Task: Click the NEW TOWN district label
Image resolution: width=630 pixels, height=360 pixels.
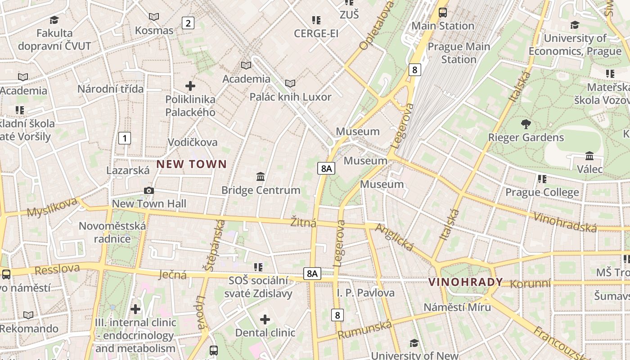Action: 191,164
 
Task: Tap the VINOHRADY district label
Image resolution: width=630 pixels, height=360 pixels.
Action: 466,282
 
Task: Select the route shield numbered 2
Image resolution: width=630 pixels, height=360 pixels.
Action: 188,23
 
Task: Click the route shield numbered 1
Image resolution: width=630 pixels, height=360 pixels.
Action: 125,138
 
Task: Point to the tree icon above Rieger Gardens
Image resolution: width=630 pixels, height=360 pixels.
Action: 526,124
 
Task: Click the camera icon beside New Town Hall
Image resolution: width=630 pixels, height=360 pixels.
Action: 149,191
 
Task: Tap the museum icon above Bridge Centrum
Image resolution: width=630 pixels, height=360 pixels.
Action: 261,176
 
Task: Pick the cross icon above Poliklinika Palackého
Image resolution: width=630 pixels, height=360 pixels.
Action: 190,85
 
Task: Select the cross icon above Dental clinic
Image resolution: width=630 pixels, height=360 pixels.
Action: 265,319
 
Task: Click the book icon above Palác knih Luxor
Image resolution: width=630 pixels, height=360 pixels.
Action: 290,83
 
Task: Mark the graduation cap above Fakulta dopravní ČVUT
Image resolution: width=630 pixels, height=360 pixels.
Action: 54,20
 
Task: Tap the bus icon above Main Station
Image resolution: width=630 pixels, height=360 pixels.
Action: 443,12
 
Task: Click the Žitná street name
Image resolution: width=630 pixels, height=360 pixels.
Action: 303,223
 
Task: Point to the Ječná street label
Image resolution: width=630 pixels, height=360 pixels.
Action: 173,274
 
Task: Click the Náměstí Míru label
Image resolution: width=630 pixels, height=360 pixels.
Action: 457,307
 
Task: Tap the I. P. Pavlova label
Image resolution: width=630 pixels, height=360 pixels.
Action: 366,293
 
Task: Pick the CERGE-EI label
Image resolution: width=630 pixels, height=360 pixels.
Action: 316,34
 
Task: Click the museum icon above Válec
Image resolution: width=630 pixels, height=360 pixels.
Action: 589,156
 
